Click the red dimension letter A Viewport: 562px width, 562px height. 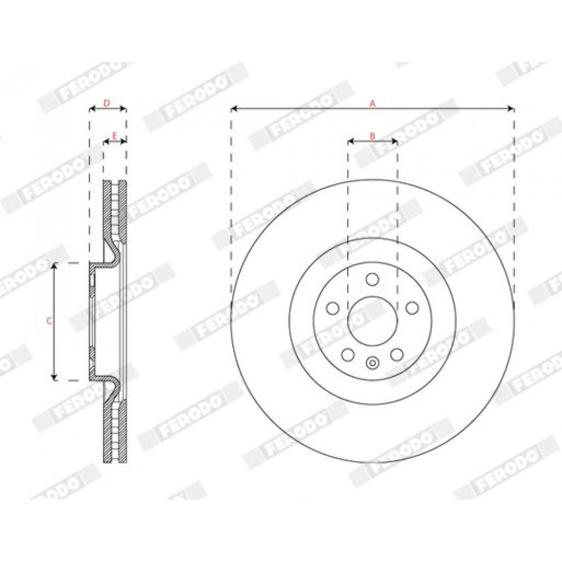tap(373, 103)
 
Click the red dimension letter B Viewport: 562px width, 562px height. tap(373, 136)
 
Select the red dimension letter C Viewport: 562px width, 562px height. tap(49, 321)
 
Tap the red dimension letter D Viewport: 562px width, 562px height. tap(107, 103)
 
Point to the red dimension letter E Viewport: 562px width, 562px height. tap(115, 136)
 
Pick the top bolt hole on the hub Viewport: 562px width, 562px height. tap(373, 279)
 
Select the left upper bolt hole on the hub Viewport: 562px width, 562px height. tap(333, 308)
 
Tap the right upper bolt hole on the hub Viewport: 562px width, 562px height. tap(412, 308)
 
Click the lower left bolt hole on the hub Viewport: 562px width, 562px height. tap(348, 355)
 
